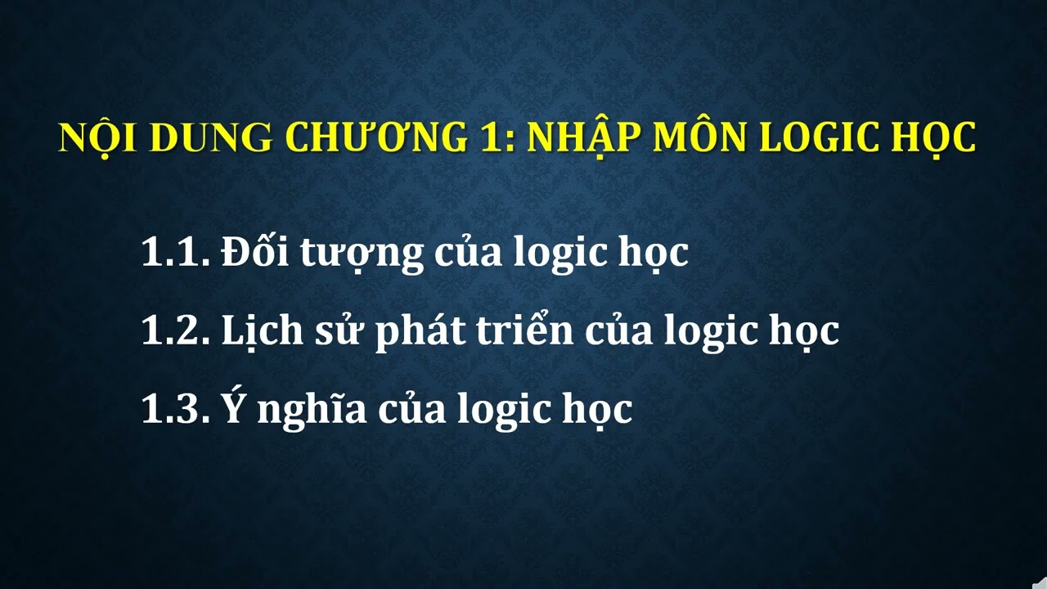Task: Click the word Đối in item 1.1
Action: pyautogui.click(x=252, y=252)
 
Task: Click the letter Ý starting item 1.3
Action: pyautogui.click(x=233, y=407)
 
